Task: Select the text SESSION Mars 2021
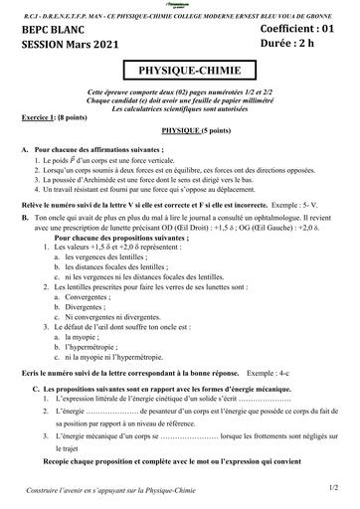tap(63, 47)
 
